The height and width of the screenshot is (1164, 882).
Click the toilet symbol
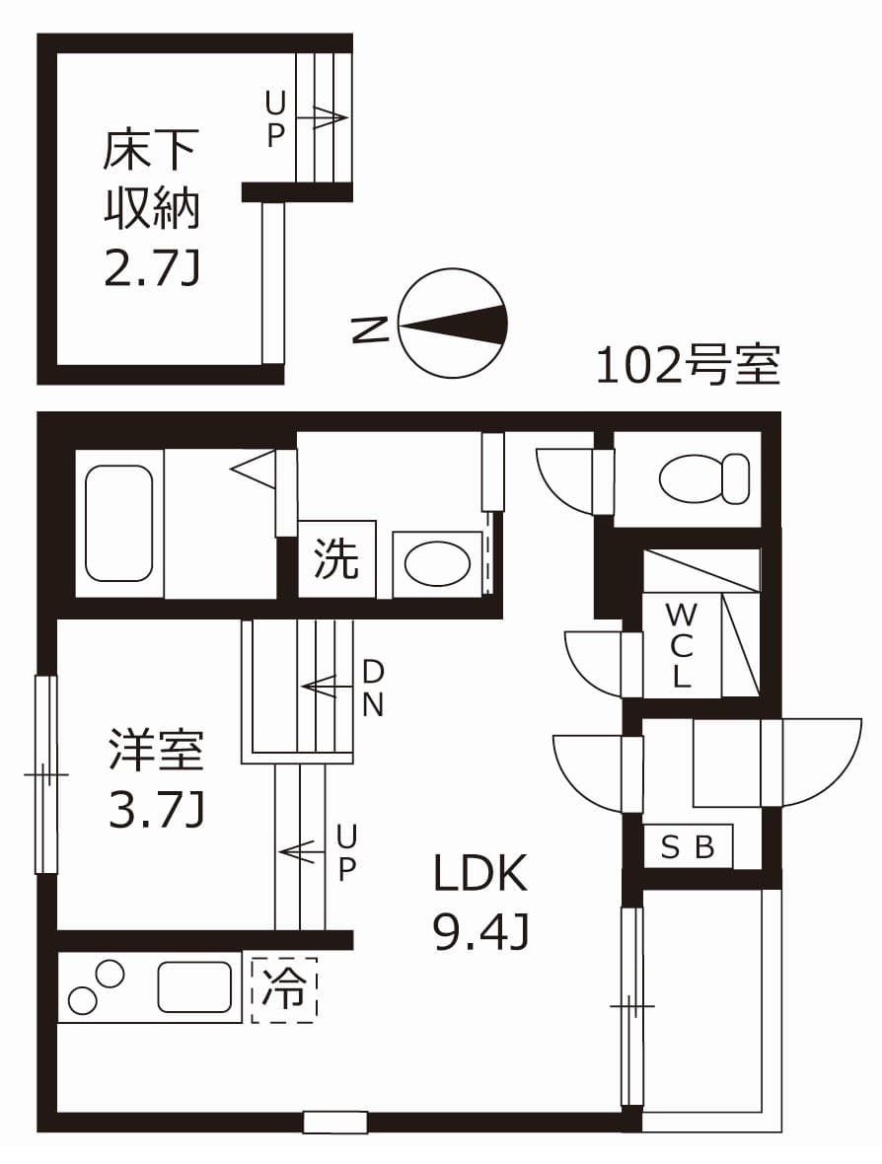click(x=703, y=478)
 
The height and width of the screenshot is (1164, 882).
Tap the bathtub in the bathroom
click(x=119, y=523)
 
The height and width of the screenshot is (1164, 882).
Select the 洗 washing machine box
click(x=336, y=559)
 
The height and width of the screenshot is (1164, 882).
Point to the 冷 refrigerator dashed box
click(x=284, y=989)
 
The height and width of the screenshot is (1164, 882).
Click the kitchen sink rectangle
click(x=194, y=986)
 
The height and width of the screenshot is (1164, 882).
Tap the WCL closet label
click(x=681, y=646)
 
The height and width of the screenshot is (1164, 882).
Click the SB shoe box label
click(x=688, y=847)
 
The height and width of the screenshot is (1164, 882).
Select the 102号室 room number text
click(x=688, y=366)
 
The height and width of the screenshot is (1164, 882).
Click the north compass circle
click(x=453, y=324)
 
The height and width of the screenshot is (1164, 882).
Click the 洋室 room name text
click(x=156, y=750)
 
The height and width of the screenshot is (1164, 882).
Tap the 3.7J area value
click(x=156, y=811)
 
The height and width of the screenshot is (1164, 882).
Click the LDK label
click(x=482, y=874)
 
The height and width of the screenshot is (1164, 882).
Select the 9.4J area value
click(x=482, y=931)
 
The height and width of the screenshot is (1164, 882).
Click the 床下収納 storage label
click(x=152, y=178)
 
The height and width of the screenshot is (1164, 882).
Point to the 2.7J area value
click(x=152, y=267)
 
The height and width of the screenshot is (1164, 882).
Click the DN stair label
click(x=373, y=688)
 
